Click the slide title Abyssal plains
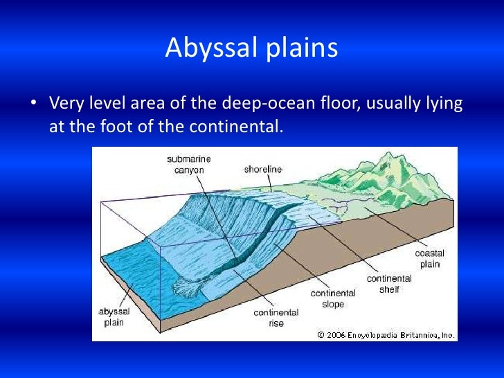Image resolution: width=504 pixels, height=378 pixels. pyautogui.click(x=251, y=48)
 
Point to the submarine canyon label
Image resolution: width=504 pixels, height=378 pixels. pyautogui.click(x=188, y=165)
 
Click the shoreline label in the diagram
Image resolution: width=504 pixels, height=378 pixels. pyautogui.click(x=263, y=169)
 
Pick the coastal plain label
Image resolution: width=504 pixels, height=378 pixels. pyautogui.click(x=429, y=258)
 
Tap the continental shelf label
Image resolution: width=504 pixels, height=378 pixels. pyautogui.click(x=389, y=284)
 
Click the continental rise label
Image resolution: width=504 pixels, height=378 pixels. pyautogui.click(x=276, y=318)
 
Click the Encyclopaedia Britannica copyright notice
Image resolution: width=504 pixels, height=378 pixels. pyautogui.click(x=386, y=334)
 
